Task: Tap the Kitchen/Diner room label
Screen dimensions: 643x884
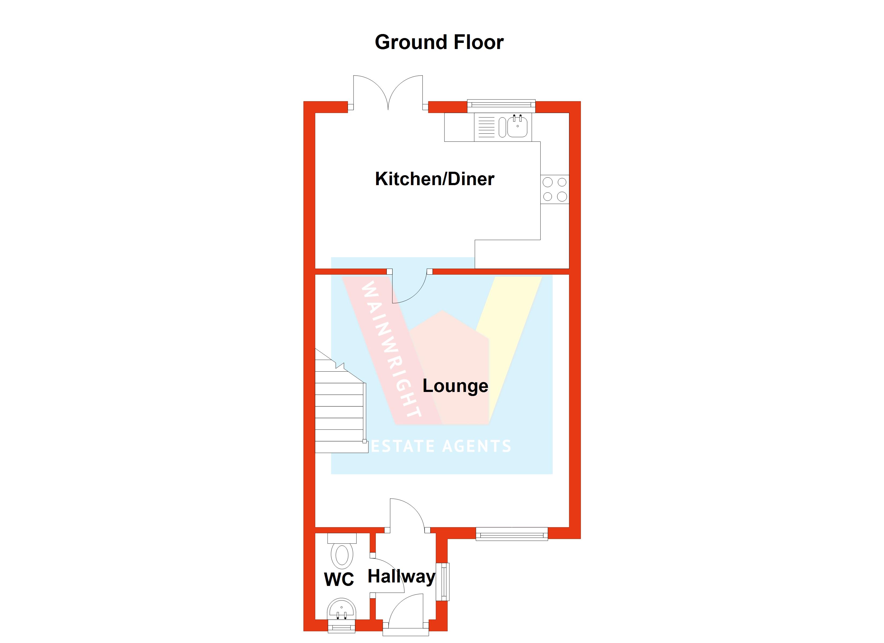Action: [x=434, y=179]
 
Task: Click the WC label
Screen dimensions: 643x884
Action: [x=339, y=580]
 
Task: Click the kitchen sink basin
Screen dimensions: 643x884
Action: [x=517, y=127]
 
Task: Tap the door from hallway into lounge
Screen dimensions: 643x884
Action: [x=407, y=515]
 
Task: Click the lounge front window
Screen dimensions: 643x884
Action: [x=511, y=534]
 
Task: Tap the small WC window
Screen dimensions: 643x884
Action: [x=342, y=627]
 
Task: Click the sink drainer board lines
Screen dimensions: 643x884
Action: [x=486, y=127]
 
